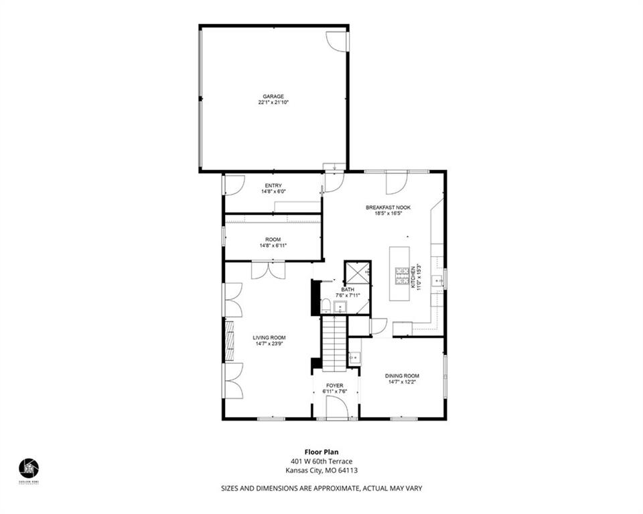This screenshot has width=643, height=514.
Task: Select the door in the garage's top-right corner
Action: tap(336, 41)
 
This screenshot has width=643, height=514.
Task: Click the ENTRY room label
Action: tap(273, 185)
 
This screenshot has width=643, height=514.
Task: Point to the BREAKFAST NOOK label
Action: tap(388, 207)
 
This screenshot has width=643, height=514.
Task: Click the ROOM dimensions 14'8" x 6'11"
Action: tap(273, 246)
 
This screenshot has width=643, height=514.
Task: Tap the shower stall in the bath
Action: tap(357, 274)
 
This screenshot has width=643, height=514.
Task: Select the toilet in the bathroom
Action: tap(326, 307)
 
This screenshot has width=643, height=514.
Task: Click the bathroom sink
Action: tap(341, 307)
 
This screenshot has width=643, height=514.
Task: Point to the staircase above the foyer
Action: tap(333, 343)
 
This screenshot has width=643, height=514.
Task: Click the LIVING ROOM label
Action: tap(269, 337)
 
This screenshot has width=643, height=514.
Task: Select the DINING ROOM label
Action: tap(402, 375)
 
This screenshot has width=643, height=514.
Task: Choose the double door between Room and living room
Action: tap(268, 270)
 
